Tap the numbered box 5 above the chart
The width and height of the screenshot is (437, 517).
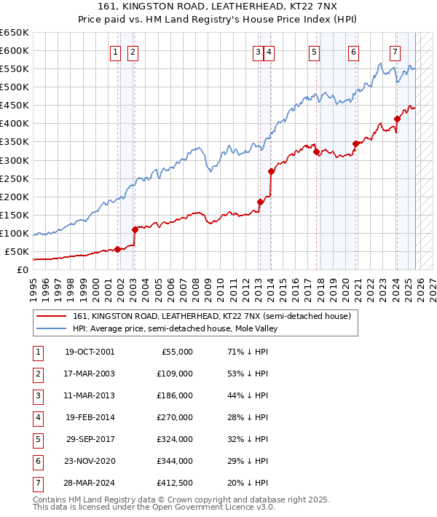(x=314, y=52)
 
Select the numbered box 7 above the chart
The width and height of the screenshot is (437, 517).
(x=395, y=52)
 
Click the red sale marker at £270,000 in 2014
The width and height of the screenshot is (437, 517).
(x=271, y=171)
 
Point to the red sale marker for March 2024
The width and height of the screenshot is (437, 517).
(x=397, y=119)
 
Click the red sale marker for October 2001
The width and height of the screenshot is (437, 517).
(x=117, y=249)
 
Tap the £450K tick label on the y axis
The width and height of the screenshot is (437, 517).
(x=15, y=105)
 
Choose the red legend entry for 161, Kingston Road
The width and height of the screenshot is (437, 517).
(x=212, y=316)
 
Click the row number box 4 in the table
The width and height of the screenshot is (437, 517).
(x=36, y=417)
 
